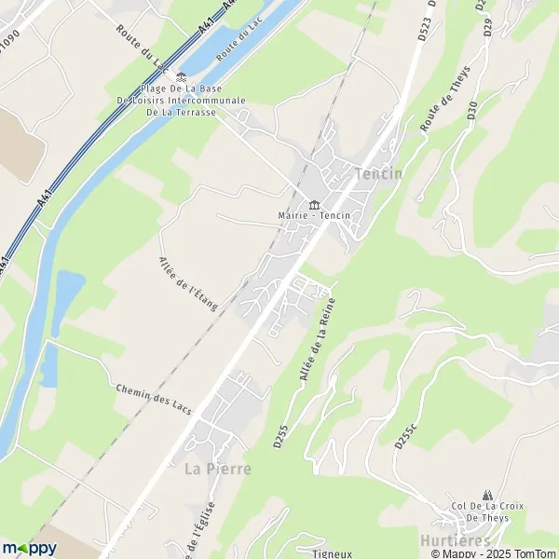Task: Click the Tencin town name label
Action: point(378,174)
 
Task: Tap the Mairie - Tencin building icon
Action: point(313,204)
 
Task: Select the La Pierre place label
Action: point(217,469)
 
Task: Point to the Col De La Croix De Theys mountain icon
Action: point(486,495)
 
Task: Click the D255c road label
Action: point(402,435)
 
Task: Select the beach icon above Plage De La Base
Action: point(182,76)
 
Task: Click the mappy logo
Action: point(29,547)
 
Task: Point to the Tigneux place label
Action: point(332,552)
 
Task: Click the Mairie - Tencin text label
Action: point(314,216)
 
